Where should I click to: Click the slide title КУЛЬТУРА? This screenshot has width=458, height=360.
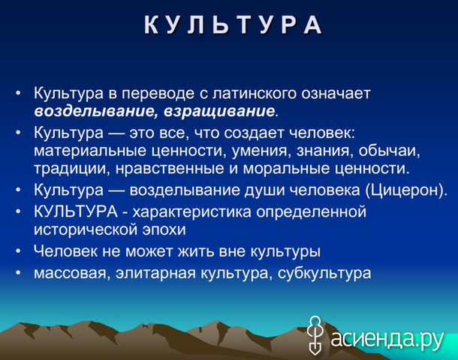(233, 25)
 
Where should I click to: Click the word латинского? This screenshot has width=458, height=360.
(254, 93)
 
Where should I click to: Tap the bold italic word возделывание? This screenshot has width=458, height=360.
(95, 111)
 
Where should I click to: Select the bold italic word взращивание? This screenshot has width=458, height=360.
(219, 111)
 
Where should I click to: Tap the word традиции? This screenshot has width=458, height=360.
(69, 169)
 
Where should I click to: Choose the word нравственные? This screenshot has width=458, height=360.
(170, 169)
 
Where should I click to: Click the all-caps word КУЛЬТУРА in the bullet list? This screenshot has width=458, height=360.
(76, 211)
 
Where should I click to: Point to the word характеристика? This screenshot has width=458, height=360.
(192, 211)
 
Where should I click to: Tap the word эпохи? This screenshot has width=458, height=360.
(164, 230)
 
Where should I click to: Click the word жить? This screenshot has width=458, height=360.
(196, 251)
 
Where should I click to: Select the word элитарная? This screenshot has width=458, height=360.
(155, 273)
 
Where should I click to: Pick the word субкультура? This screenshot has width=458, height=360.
(324, 273)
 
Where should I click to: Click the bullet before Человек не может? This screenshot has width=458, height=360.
(19, 251)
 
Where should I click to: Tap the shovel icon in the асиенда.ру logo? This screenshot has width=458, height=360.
(315, 335)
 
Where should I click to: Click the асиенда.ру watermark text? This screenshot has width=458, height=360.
(387, 339)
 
